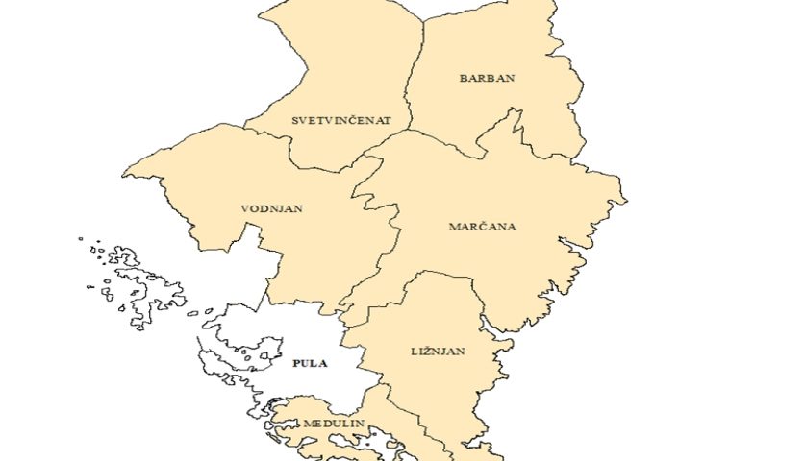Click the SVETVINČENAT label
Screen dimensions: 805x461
[341, 121]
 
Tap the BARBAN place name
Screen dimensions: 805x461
[487, 78]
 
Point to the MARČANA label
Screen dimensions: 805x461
[483, 227]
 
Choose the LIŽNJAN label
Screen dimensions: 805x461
[439, 352]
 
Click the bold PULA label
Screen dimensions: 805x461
[310, 364]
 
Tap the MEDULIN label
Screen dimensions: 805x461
[333, 424]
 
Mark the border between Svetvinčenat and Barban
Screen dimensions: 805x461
[415, 67]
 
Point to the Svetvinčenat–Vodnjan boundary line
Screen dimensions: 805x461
[289, 144]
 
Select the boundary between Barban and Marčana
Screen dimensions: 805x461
[452, 144]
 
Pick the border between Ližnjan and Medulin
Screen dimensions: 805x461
[404, 408]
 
